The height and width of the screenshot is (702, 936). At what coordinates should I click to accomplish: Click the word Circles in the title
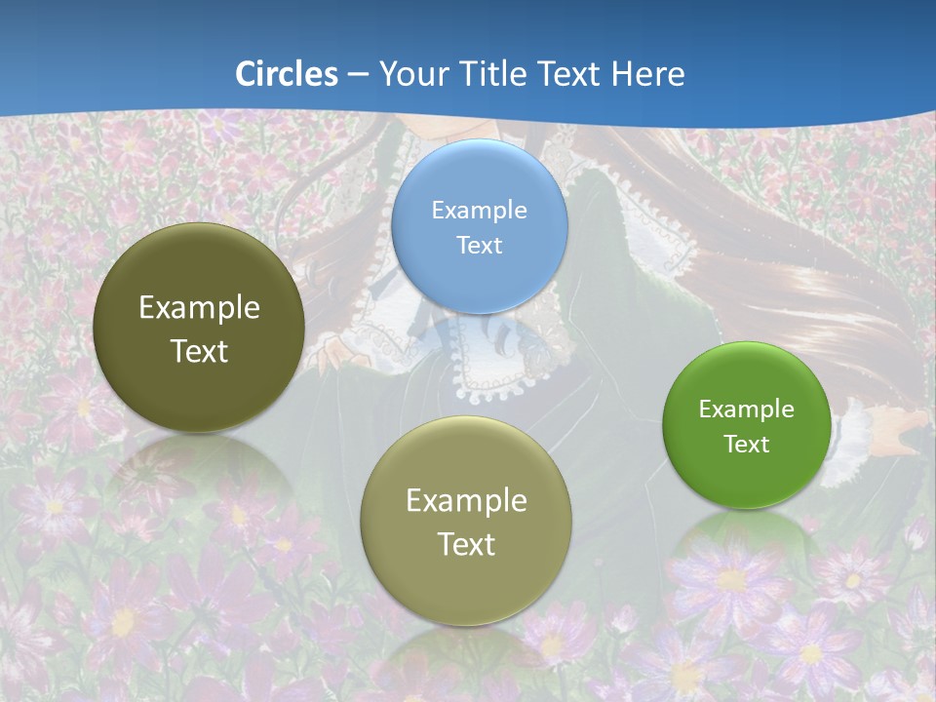click(x=287, y=74)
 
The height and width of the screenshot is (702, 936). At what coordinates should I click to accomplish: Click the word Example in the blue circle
click(x=479, y=210)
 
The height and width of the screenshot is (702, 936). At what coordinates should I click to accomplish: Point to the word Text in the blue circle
click(x=479, y=245)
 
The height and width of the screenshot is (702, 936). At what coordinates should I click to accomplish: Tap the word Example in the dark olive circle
click(x=199, y=308)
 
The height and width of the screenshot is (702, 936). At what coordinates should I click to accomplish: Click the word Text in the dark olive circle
click(x=199, y=351)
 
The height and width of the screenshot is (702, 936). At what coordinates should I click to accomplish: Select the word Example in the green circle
click(x=746, y=409)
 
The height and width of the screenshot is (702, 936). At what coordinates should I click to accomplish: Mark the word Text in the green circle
click(x=746, y=444)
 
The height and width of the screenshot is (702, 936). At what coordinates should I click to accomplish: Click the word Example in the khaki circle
click(x=466, y=500)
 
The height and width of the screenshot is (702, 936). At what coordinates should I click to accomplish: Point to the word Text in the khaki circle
click(x=466, y=544)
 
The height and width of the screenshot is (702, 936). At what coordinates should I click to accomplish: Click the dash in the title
click(x=358, y=74)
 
